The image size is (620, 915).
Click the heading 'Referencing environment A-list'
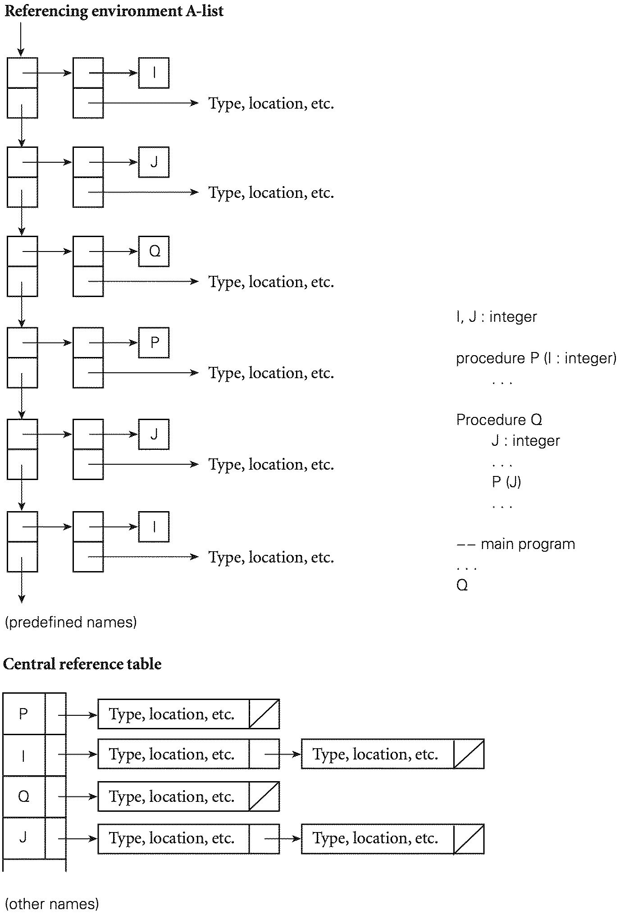tap(114, 10)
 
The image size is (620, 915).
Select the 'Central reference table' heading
tap(82, 663)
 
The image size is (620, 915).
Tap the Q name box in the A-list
tap(154, 251)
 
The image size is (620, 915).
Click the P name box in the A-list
tap(154, 343)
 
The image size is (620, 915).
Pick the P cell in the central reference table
tap(23, 714)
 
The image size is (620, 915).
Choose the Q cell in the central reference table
tap(23, 796)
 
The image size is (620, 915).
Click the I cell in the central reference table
tap(23, 755)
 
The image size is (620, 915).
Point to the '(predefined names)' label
tap(71, 622)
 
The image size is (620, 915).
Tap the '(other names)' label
tap(52, 904)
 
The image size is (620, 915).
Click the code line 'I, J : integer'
tap(497, 317)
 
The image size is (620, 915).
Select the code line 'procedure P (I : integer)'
tap(536, 358)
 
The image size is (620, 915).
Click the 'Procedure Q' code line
tap(499, 420)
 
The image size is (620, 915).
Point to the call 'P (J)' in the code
tap(506, 482)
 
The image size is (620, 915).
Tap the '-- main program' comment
tap(516, 544)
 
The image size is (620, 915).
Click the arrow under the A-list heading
tap(21, 39)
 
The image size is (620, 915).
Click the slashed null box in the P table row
tap(264, 714)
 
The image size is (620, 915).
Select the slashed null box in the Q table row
tap(264, 796)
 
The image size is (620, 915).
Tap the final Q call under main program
tap(462, 585)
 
